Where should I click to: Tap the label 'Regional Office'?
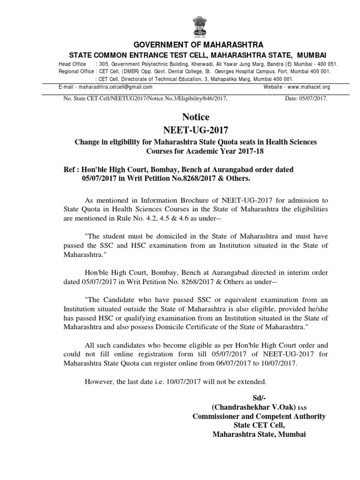(75, 71)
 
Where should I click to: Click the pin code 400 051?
(326, 64)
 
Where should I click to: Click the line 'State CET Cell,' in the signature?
(259, 425)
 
